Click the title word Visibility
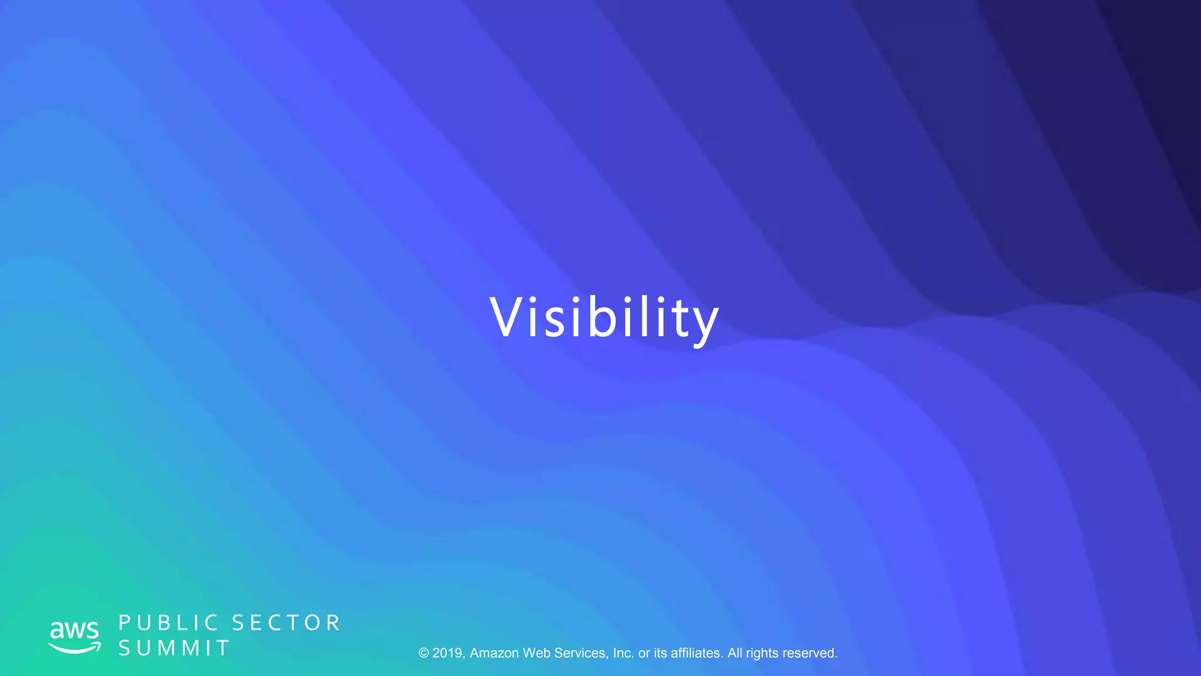[604, 317]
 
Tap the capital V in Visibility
[508, 317]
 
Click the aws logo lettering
[74, 630]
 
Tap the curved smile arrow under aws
[74, 648]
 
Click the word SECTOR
[286, 623]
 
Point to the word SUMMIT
[174, 648]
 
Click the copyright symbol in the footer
[424, 653]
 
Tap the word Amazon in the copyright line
[494, 653]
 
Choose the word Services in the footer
[581, 653]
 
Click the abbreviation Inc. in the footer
[623, 653]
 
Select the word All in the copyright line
[735, 653]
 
